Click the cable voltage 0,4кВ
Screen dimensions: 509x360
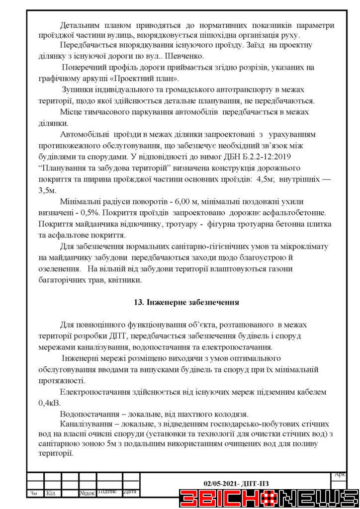pyautogui.click(x=48, y=403)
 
